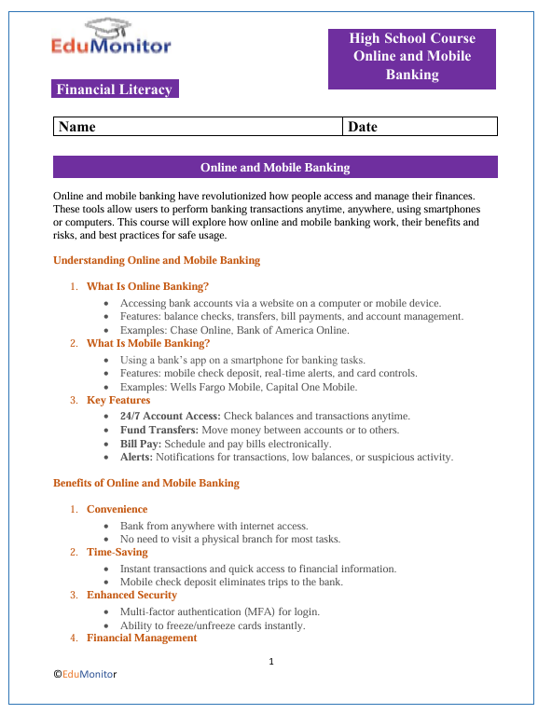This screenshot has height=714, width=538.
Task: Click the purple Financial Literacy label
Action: tap(115, 89)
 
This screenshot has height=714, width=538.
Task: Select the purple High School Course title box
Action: tap(412, 58)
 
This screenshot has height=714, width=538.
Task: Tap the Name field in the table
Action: tap(198, 126)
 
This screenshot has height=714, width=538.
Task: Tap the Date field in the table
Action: tap(420, 126)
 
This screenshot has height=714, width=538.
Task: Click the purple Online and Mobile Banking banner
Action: tap(275, 168)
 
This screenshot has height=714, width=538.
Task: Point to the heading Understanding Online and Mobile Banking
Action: tap(157, 260)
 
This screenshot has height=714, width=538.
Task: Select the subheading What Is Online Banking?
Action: tap(147, 286)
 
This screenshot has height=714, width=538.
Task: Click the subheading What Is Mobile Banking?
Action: tap(148, 343)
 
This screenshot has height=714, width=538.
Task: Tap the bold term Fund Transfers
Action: tap(158, 430)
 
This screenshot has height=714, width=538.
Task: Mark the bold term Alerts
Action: tap(136, 458)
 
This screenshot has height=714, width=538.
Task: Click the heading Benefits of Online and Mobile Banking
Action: tap(146, 483)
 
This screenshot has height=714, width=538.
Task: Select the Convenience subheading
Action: tap(117, 509)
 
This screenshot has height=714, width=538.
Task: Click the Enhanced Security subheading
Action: tap(131, 595)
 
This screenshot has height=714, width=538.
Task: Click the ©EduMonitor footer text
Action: tap(85, 673)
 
